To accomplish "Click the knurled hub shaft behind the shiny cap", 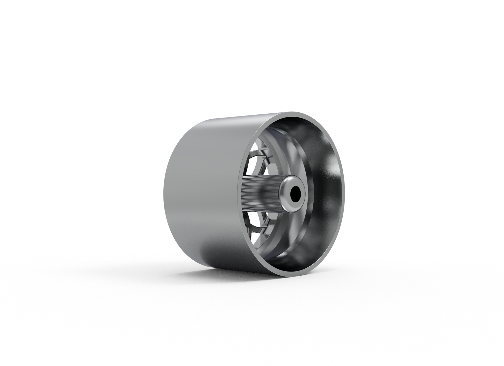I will [x=259, y=193].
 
